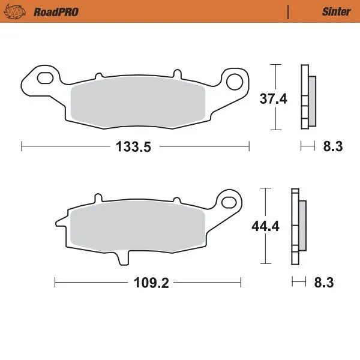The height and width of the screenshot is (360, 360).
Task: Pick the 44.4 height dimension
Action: coord(262,227)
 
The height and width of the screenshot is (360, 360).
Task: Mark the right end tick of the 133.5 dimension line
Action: coord(249,146)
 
